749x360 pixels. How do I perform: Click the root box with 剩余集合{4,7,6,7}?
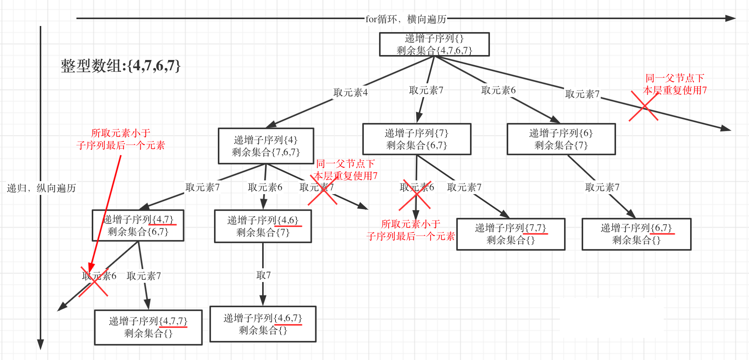[434, 44]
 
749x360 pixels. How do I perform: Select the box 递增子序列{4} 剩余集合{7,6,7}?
[266, 146]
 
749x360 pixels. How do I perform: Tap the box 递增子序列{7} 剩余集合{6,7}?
[417, 139]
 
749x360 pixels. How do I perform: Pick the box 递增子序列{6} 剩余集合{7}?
[561, 139]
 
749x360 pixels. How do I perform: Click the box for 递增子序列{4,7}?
[138, 225]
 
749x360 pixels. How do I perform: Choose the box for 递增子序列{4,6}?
[263, 226]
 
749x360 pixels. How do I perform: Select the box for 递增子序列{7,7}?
[511, 234]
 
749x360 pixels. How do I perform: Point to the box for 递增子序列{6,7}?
[636, 234]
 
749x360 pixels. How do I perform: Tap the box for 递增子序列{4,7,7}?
[148, 327]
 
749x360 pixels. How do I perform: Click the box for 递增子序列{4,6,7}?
[263, 324]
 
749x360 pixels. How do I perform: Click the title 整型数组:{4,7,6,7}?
[120, 66]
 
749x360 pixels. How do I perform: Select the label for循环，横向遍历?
[406, 19]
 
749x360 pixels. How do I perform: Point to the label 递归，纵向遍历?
[41, 188]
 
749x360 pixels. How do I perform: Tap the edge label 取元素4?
[350, 92]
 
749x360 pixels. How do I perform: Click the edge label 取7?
[263, 275]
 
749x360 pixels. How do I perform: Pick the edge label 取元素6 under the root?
[498, 90]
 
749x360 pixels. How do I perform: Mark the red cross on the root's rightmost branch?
[644, 107]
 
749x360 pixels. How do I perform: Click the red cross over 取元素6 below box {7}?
[415, 195]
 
